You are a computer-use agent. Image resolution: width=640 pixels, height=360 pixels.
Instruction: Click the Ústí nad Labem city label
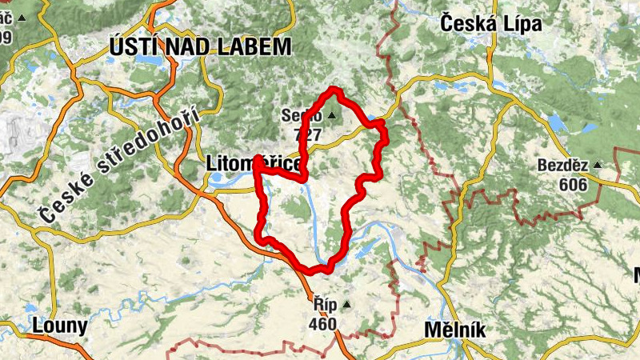200,47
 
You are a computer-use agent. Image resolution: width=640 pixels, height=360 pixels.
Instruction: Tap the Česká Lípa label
491,24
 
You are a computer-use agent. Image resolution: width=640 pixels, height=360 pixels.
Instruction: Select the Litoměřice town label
253,163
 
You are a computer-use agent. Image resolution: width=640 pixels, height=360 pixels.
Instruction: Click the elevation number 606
573,185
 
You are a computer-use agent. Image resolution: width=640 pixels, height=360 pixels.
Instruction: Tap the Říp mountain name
324,305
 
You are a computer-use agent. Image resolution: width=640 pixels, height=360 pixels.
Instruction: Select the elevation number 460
324,324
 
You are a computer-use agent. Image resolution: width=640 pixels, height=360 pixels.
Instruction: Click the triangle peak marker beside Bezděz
596,166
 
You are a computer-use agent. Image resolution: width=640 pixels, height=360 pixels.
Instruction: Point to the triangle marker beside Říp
346,305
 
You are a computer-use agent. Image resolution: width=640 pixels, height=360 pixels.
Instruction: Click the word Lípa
521,24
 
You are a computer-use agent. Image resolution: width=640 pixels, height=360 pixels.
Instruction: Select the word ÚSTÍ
131,47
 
